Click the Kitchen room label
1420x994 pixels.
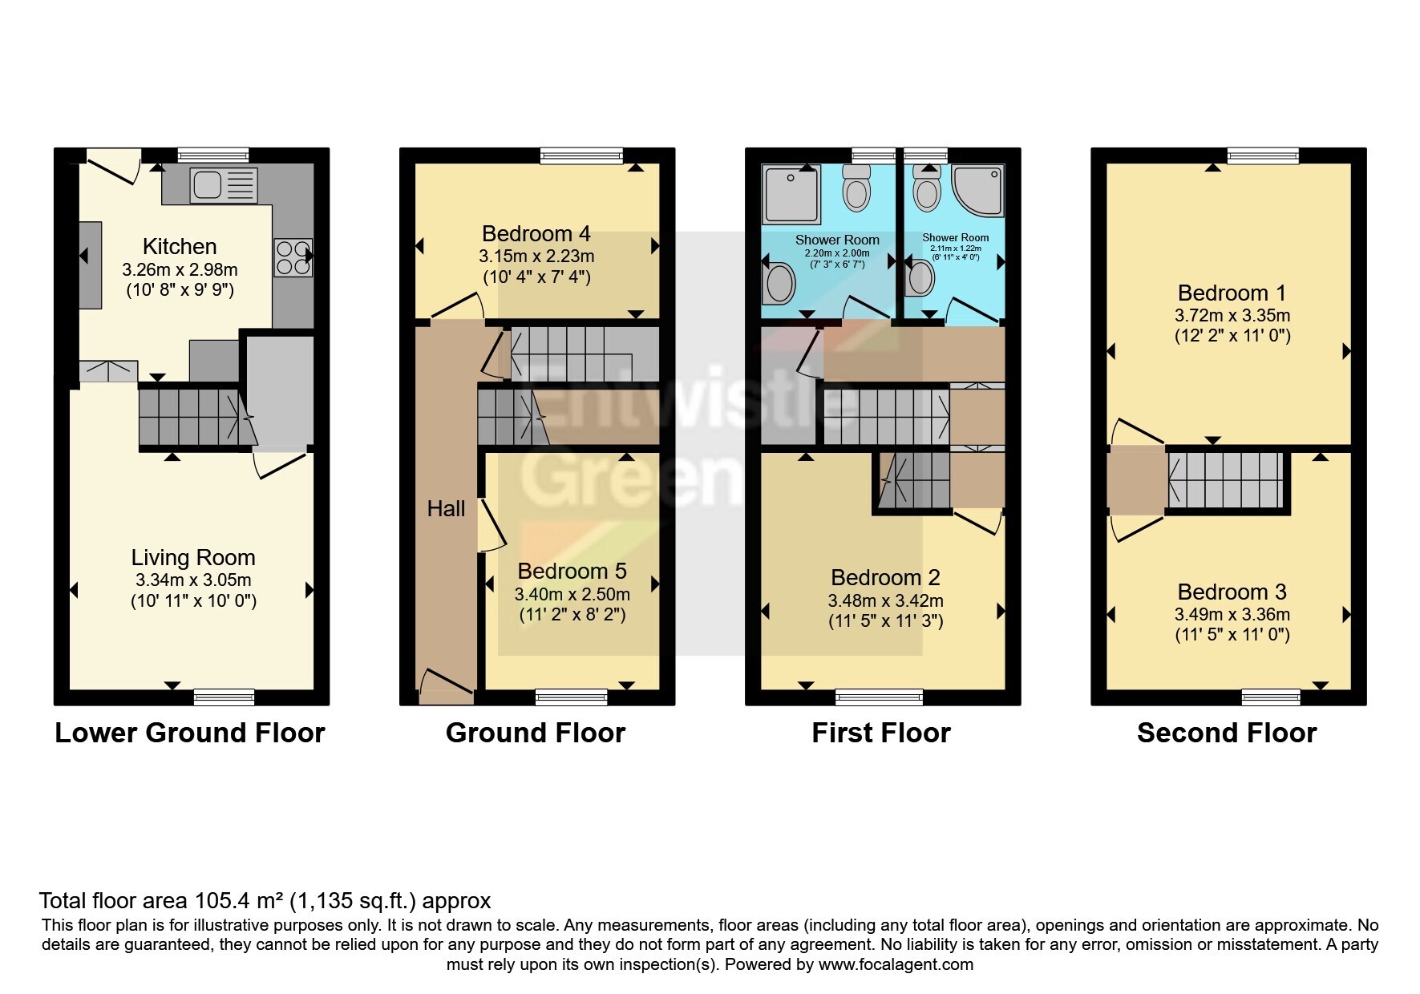(x=180, y=246)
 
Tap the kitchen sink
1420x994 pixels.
(x=224, y=185)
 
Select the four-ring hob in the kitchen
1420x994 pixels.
(x=293, y=257)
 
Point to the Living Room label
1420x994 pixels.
(x=193, y=557)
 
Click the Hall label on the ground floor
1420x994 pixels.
(x=446, y=508)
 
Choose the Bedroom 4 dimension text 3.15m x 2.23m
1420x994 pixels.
(x=536, y=257)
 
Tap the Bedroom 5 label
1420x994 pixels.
(x=572, y=571)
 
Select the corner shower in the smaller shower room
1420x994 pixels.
(x=979, y=190)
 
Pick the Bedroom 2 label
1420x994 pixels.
(x=885, y=577)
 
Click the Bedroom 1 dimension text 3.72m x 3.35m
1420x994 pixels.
(x=1232, y=316)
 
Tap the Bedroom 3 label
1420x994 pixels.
(x=1232, y=592)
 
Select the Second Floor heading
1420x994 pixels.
(x=1227, y=733)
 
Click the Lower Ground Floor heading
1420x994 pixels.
(x=190, y=733)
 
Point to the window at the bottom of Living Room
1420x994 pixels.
(x=224, y=697)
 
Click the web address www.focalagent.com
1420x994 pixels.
(x=896, y=964)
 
